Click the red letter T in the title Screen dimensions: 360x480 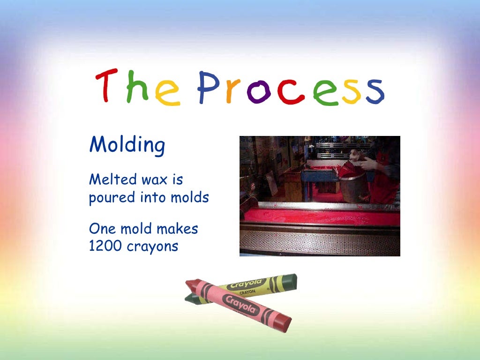click(106, 86)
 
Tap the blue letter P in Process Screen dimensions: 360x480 click(208, 88)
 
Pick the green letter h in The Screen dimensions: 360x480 click(137, 86)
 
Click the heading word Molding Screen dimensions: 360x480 click(127, 145)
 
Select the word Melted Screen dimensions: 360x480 click(109, 179)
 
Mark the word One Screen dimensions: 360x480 click(101, 229)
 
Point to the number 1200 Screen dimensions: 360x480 click(106, 246)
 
